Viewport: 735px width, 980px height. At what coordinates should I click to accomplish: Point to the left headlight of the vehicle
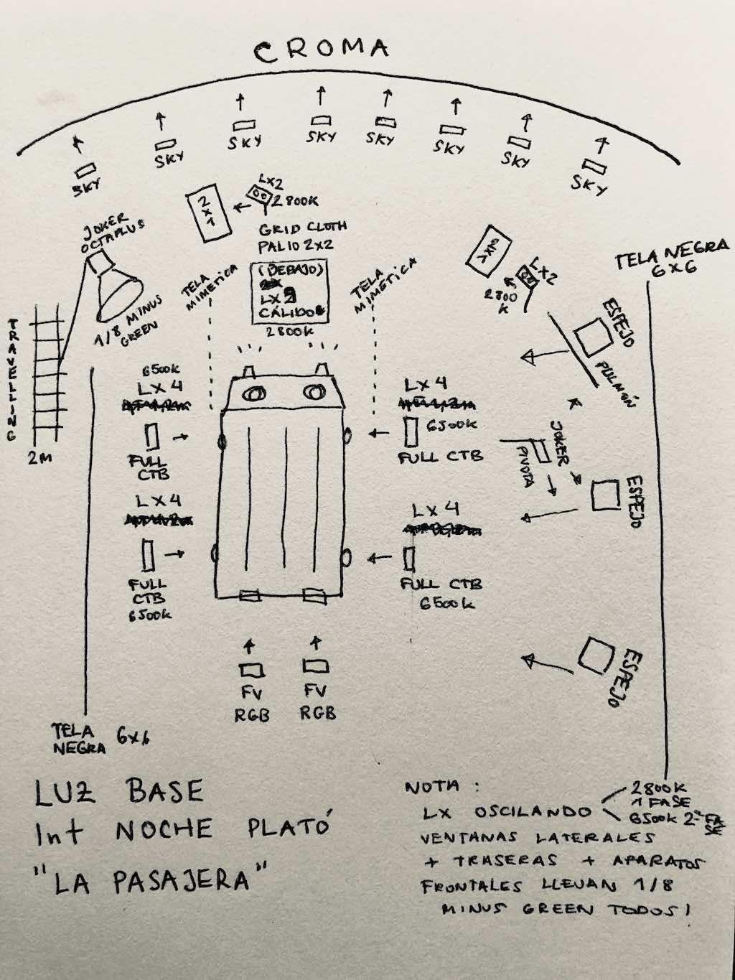255,393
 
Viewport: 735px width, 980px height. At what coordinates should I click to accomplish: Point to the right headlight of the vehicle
314,392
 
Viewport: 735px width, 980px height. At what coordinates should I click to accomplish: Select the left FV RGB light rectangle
251,670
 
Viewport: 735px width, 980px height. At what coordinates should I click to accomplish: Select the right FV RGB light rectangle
317,666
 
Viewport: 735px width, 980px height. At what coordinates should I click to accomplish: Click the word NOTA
433,788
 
